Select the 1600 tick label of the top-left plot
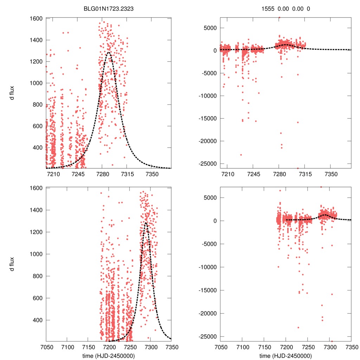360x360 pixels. [37, 18]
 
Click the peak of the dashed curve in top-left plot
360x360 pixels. [108, 52]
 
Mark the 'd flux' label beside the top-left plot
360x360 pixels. [12, 93]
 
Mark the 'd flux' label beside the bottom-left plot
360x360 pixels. [12, 264]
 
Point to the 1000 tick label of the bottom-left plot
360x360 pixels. [37, 254]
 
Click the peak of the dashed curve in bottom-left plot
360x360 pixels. [146, 222]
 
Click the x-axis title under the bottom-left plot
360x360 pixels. [109, 355]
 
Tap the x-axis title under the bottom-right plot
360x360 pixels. [286, 355]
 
